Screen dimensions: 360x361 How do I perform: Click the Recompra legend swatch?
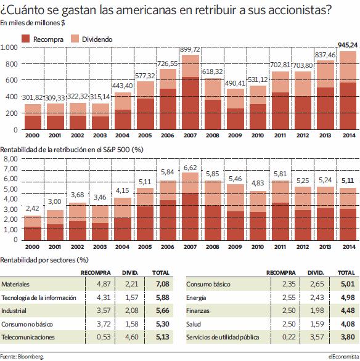point(25,39)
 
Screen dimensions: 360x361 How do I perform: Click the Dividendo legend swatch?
point(75,39)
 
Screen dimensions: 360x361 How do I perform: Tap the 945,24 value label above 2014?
point(348,45)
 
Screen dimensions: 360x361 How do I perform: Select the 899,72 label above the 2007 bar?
point(190,49)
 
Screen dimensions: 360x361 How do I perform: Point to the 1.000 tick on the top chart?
point(9,47)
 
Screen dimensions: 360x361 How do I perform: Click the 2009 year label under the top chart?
point(235,136)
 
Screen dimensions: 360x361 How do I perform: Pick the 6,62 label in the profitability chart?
point(190,168)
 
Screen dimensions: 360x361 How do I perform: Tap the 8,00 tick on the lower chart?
point(10,159)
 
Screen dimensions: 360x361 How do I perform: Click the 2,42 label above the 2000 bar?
point(33,208)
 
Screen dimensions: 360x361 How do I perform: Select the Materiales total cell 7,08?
point(163,284)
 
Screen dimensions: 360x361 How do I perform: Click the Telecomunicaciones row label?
point(28,338)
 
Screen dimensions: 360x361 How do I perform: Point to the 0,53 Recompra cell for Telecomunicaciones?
point(104,337)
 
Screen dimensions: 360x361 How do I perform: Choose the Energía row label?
point(196,298)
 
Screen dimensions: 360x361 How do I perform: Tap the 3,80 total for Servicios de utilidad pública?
point(348,337)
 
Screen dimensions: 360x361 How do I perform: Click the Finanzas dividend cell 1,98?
point(317,310)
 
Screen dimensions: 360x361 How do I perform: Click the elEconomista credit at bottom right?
point(344,357)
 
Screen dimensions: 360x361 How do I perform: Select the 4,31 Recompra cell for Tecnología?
point(104,298)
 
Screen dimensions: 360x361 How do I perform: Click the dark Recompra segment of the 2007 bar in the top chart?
point(190,103)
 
